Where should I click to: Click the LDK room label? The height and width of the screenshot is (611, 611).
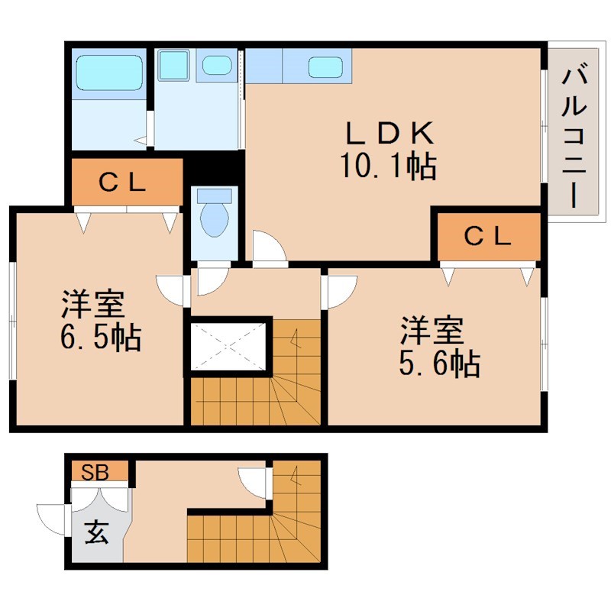pyautogui.click(x=389, y=134)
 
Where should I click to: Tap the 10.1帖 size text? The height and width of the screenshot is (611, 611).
pyautogui.click(x=389, y=166)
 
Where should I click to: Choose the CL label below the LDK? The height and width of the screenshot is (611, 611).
pyautogui.click(x=487, y=237)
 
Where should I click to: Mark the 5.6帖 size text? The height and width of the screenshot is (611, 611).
pyautogui.click(x=438, y=364)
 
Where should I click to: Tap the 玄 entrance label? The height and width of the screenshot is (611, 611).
pyautogui.click(x=96, y=531)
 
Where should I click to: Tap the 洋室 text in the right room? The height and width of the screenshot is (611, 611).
pyautogui.click(x=431, y=331)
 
